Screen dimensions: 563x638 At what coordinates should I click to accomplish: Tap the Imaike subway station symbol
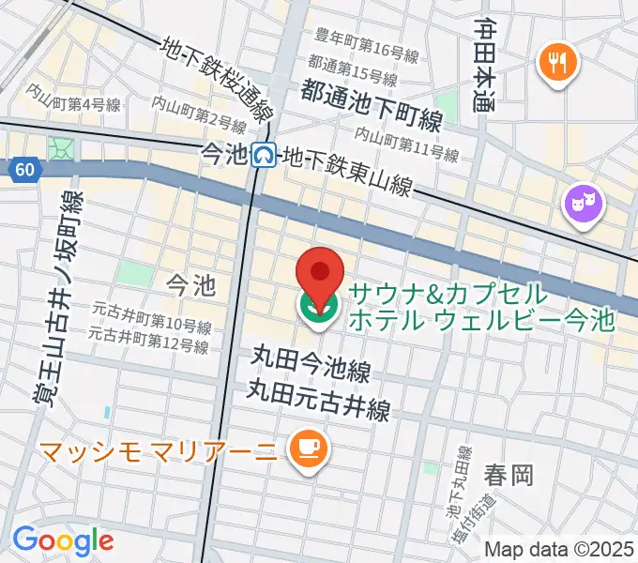point(266,154)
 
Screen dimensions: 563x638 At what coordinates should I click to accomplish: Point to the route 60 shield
point(25,169)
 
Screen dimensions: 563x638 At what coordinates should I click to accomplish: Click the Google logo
point(63,540)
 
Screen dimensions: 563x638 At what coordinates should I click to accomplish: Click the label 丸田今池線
point(310,358)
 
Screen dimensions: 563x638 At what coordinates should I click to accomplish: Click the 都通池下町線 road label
point(372,93)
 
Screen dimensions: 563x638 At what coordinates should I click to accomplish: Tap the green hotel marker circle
point(320,308)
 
